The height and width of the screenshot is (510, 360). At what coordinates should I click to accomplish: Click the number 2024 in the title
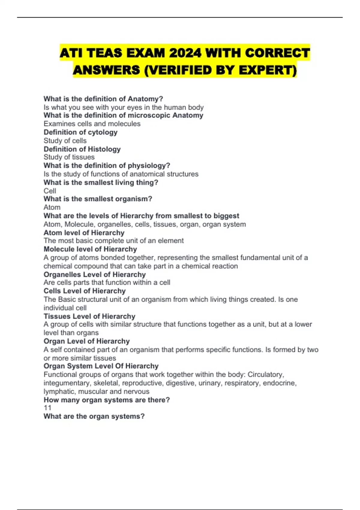(x=185, y=53)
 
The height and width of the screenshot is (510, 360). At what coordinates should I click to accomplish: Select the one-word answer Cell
(x=50, y=191)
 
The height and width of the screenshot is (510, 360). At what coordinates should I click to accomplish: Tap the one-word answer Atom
(x=52, y=207)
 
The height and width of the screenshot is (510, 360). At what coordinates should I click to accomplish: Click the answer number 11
(x=47, y=408)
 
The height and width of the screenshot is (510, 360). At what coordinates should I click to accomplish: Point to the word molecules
(x=124, y=124)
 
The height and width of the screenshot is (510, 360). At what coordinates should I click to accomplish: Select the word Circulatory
(x=265, y=374)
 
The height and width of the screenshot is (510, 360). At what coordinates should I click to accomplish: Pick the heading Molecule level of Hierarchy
(x=90, y=249)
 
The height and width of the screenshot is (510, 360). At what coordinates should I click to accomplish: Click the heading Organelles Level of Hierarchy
(x=94, y=274)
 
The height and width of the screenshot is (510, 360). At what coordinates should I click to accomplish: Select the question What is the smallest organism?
(x=98, y=199)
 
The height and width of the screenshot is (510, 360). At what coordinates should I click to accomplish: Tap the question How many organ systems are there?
(x=106, y=400)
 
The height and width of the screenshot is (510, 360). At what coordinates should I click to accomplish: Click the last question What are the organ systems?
(x=94, y=416)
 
